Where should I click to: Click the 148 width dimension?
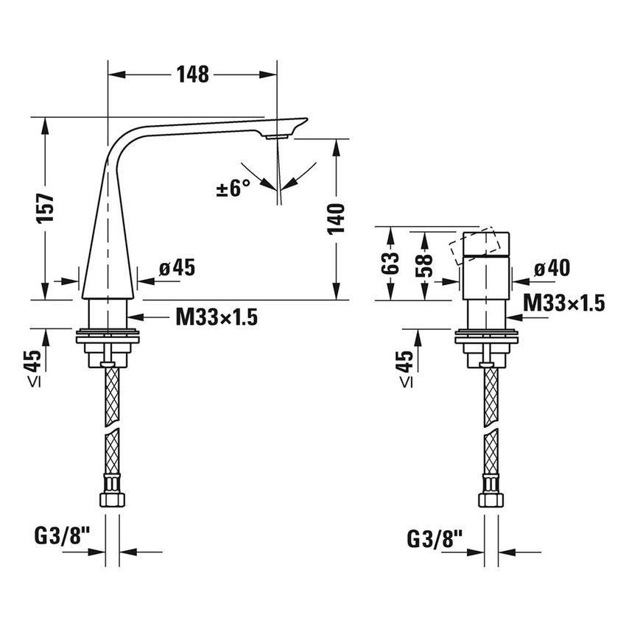click(193, 74)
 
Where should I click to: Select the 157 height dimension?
click(45, 208)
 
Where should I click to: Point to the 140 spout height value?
click(336, 219)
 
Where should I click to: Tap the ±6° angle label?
click(233, 188)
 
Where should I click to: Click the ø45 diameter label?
click(177, 267)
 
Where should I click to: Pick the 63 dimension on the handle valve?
click(390, 263)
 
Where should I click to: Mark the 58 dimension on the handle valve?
click(424, 265)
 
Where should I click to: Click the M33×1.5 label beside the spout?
click(217, 317)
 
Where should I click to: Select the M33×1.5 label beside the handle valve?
click(564, 303)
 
